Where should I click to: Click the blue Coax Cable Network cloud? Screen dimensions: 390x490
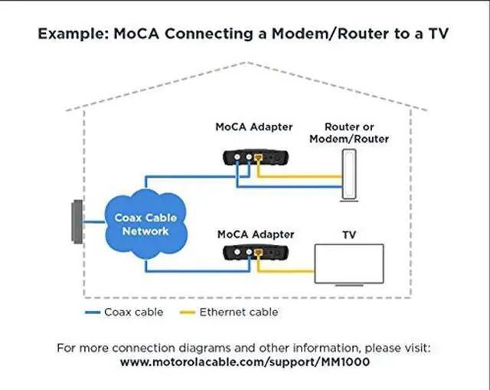click(142, 223)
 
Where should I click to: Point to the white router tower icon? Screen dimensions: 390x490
click(349, 175)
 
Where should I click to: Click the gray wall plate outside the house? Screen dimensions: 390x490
click(77, 222)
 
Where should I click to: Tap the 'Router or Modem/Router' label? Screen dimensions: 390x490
click(356, 133)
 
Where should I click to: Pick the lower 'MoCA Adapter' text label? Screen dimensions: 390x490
click(254, 233)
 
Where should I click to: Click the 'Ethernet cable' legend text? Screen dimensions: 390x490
click(239, 312)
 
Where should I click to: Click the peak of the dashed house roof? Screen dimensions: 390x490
click(245, 63)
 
